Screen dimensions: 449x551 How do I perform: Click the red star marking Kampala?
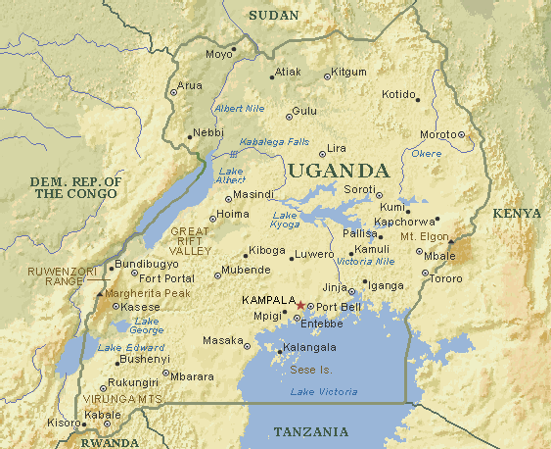(x=300, y=306)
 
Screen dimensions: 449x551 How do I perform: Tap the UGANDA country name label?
(x=332, y=170)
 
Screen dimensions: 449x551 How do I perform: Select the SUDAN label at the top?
(x=273, y=15)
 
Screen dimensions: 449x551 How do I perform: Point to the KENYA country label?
(x=516, y=213)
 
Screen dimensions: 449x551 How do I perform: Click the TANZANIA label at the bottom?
(x=310, y=432)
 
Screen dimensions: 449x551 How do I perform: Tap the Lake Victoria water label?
(x=324, y=392)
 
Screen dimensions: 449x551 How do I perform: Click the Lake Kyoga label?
(x=285, y=221)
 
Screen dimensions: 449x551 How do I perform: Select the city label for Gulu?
(x=305, y=112)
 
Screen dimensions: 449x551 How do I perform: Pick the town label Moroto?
(x=436, y=134)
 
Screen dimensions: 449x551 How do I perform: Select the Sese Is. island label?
(x=310, y=370)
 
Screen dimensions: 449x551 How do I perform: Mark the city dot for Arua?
(x=175, y=92)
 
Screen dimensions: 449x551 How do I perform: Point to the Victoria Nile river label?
(x=365, y=263)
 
